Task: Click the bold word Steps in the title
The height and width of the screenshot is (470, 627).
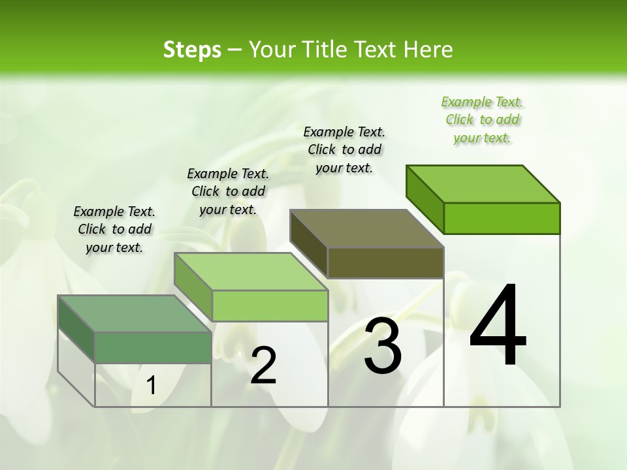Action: (x=192, y=50)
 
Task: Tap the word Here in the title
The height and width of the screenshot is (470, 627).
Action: (x=427, y=50)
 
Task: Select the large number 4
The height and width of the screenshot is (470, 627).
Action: (x=498, y=326)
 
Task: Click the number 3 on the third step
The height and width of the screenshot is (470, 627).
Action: (x=383, y=346)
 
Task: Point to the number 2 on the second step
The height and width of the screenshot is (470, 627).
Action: (x=263, y=366)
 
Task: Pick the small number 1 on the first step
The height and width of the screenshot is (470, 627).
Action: (x=152, y=386)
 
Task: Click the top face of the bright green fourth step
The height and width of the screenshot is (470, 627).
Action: (x=482, y=183)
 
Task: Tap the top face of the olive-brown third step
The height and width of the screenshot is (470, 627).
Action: (x=366, y=228)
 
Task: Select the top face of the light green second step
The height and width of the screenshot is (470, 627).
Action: (x=250, y=272)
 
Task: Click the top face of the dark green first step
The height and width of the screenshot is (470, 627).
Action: (x=134, y=314)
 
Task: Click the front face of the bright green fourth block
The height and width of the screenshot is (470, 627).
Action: (x=502, y=218)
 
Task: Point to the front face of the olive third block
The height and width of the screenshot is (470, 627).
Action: (x=385, y=262)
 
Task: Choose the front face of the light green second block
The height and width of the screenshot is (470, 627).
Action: (x=270, y=305)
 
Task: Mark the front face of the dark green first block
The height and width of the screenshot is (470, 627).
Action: (x=153, y=347)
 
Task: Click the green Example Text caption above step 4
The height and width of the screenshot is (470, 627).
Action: (x=483, y=120)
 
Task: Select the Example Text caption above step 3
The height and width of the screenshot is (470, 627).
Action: (x=344, y=149)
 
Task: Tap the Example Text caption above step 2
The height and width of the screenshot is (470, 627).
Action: (x=228, y=191)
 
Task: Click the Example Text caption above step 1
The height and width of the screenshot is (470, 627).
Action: (x=114, y=229)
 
